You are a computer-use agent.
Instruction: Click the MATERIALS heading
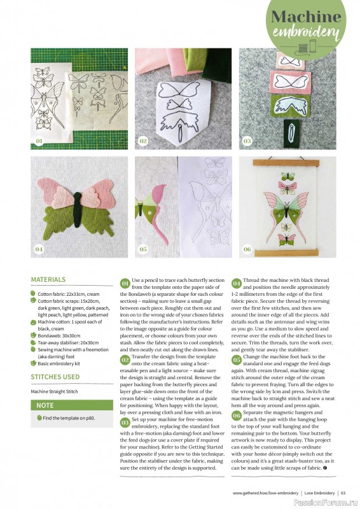(48, 279)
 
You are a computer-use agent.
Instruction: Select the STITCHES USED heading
(55, 377)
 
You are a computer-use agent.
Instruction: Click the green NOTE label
(45, 405)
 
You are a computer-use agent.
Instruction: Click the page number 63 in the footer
(343, 492)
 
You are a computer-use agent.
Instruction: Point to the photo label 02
(143, 141)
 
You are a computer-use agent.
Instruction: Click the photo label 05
(143, 249)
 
